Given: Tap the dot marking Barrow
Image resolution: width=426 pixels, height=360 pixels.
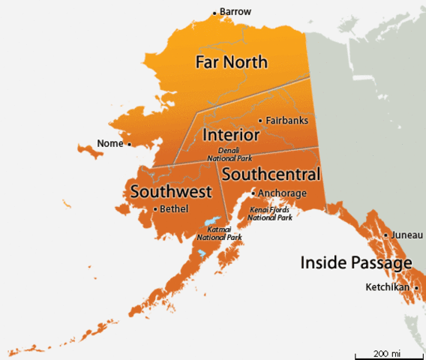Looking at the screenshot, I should tap(214, 13).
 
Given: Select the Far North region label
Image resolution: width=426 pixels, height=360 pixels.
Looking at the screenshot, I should tap(231, 62).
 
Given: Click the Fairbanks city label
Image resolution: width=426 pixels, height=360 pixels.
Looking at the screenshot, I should tap(287, 120).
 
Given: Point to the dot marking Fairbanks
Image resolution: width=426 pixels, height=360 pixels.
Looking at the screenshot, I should tap(260, 121).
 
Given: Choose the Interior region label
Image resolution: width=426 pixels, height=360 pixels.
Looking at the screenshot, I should tap(231, 135).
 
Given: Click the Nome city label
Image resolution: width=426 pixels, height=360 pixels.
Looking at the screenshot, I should tap(110, 143).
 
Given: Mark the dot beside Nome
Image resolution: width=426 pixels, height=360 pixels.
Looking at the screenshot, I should tap(129, 144).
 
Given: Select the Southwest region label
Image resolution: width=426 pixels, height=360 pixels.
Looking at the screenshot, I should tap(170, 191).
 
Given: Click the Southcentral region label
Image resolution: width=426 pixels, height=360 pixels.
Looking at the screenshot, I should tap(271, 175).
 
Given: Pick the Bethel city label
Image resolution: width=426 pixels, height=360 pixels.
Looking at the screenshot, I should tap(174, 209).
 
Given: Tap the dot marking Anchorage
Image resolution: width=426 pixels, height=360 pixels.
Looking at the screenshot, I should tap(253, 193).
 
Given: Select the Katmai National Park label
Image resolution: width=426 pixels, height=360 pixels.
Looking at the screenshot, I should tap(219, 233).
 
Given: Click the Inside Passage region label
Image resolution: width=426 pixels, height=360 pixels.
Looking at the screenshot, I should tap(355, 262).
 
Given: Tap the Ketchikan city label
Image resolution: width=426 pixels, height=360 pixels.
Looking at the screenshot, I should tap(387, 287).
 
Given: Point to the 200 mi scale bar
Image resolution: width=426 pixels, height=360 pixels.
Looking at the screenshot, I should tap(386, 352).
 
